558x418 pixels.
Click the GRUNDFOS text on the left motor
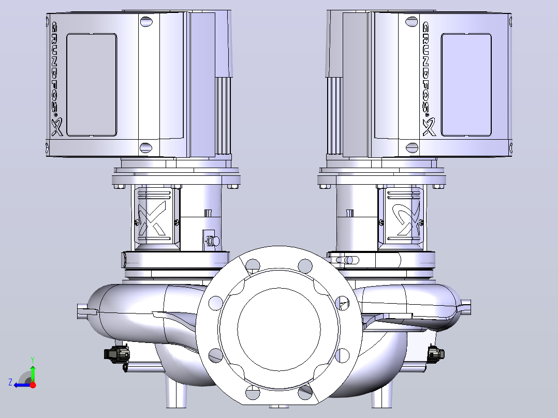56,68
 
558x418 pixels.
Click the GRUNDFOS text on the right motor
427,68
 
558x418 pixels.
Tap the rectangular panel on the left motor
92,85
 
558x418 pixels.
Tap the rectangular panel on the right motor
466,85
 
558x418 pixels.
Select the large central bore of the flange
279,329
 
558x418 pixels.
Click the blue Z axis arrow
22,385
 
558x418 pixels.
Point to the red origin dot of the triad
33,385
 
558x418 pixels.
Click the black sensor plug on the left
117,354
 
